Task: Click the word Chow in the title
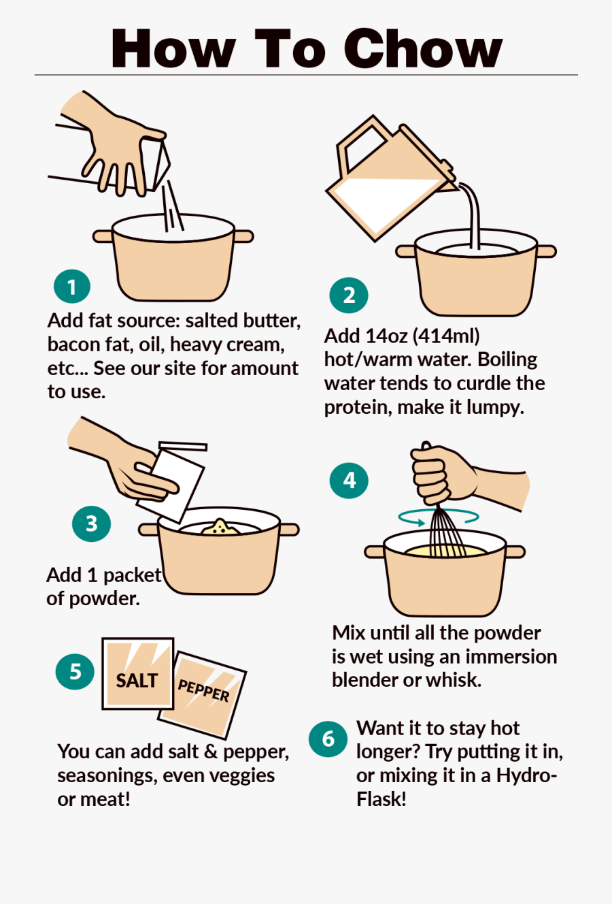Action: [423, 48]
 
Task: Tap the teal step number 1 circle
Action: [72, 286]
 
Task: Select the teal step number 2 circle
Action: [349, 295]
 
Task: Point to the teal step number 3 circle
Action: [92, 523]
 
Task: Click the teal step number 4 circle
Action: [349, 481]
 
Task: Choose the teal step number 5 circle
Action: [75, 672]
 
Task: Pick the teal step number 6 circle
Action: [328, 739]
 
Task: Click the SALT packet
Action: [138, 673]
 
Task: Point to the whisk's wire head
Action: [446, 533]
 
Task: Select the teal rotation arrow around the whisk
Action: [439, 518]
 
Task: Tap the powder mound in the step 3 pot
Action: [220, 528]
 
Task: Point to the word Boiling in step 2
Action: [507, 359]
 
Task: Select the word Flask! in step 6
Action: [381, 798]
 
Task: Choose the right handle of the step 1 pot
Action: [244, 236]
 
